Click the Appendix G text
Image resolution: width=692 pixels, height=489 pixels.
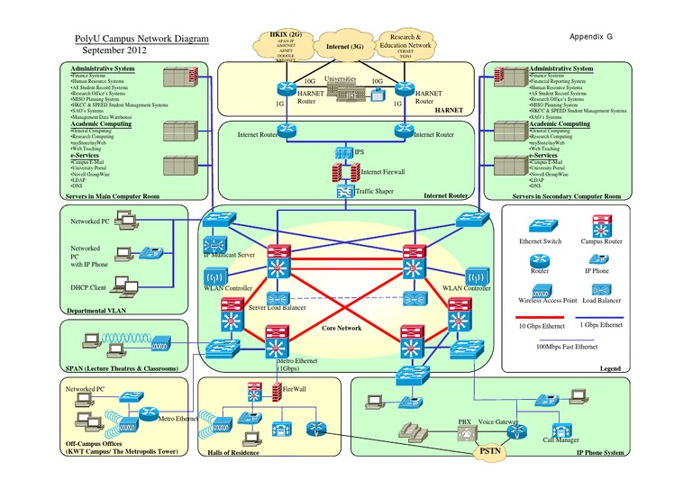tap(591, 37)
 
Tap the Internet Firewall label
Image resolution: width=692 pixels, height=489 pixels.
tap(383, 170)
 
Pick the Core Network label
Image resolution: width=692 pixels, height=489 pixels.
tap(341, 329)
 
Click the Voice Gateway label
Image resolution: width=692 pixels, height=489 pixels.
tap(499, 422)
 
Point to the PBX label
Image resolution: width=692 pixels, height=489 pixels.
tap(465, 422)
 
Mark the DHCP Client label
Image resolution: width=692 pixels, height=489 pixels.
tap(89, 285)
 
